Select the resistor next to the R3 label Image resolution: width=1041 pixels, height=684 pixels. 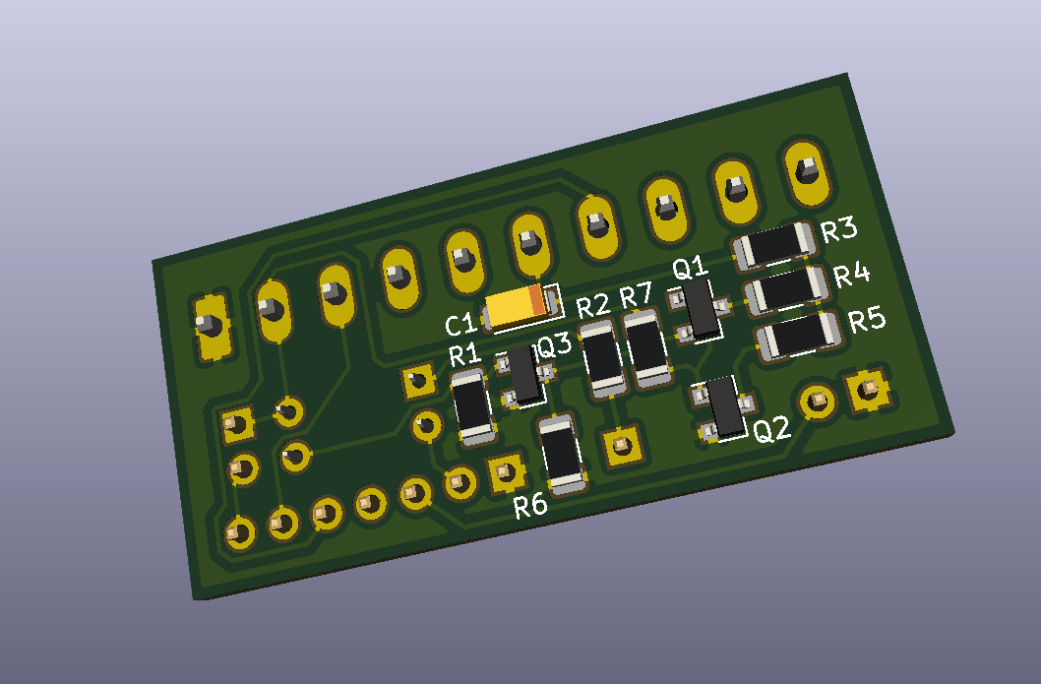tap(774, 246)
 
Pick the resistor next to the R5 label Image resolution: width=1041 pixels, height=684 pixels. tap(801, 336)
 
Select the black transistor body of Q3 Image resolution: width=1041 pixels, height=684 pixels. tap(523, 374)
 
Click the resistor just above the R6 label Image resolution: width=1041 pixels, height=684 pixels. tap(562, 454)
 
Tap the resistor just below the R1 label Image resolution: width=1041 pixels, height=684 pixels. tap(472, 407)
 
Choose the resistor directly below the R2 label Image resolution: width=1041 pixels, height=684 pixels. tap(602, 358)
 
